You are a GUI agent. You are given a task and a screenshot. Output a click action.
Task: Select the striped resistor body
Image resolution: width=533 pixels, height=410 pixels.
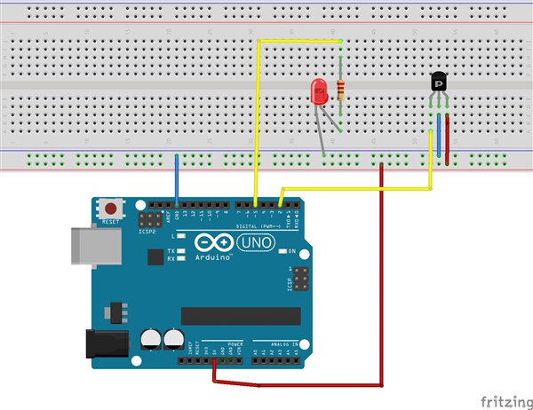[341, 90]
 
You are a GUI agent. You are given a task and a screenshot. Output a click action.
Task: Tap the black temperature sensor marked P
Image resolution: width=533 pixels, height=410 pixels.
[439, 83]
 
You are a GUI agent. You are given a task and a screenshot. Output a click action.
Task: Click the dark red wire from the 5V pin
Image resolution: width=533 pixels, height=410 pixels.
[382, 266]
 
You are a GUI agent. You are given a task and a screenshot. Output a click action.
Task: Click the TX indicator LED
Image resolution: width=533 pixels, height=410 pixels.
[182, 250]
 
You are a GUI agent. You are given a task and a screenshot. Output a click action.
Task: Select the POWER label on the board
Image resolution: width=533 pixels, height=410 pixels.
[235, 343]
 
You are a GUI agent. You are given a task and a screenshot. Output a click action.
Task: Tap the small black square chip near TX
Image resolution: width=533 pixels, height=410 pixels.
[156, 256]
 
